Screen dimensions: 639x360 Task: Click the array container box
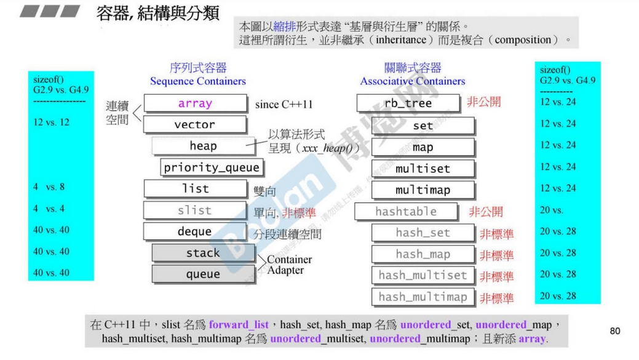(195, 103)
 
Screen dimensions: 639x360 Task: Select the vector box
(195, 125)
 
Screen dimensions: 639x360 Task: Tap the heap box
(203, 146)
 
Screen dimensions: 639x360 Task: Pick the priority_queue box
(212, 167)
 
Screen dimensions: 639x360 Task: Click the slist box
(195, 210)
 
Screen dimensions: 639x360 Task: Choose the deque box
(195, 232)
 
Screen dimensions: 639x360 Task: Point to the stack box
(203, 253)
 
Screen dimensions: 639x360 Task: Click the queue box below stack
(203, 274)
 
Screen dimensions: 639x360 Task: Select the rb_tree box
(408, 103)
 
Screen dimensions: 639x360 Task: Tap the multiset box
(423, 169)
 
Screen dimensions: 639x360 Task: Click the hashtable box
(406, 212)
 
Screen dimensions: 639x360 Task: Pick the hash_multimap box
(423, 297)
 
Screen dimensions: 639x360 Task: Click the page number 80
(614, 331)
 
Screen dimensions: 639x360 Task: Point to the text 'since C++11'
(284, 104)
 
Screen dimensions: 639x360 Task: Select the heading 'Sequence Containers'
(197, 81)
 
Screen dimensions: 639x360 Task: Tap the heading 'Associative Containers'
(413, 81)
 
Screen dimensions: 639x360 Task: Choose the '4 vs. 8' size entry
(49, 187)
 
